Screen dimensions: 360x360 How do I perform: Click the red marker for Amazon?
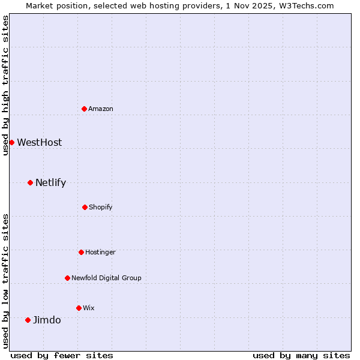click(x=85, y=109)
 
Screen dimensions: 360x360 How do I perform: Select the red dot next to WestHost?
click(x=11, y=142)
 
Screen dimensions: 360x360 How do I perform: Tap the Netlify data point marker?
click(x=30, y=182)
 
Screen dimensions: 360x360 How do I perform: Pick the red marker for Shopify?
click(x=85, y=207)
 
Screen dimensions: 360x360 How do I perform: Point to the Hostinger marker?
click(x=81, y=252)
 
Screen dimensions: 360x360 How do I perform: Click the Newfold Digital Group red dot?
click(x=67, y=278)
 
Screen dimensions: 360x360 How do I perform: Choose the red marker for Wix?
click(x=79, y=308)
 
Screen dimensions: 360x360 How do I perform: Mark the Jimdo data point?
click(x=28, y=320)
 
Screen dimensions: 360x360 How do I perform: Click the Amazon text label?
click(x=101, y=109)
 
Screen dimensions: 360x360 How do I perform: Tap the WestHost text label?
click(x=40, y=142)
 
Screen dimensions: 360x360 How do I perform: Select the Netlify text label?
click(x=50, y=182)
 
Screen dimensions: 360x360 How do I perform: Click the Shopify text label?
click(x=101, y=207)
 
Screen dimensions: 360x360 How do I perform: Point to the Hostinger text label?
click(x=100, y=252)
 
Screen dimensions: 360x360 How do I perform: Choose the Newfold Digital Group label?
click(x=106, y=278)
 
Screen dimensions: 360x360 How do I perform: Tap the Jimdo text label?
click(x=47, y=320)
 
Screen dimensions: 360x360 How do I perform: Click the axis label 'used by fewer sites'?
click(x=62, y=355)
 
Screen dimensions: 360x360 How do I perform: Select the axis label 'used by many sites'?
click(x=301, y=355)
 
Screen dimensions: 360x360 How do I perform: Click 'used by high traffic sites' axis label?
click(x=5, y=85)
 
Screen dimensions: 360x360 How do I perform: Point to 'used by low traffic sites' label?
click(x=5, y=281)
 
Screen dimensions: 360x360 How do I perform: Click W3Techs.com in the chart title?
click(x=305, y=5)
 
